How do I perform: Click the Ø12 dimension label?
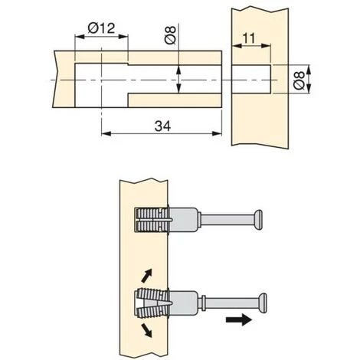tap(101, 28)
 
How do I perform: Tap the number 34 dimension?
tap(162, 126)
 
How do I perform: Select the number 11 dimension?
tap(249, 38)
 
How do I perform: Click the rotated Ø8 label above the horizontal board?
tap(171, 35)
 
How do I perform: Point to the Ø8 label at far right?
tap(299, 80)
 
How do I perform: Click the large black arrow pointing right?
tap(239, 319)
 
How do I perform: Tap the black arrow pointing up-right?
tap(147, 276)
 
